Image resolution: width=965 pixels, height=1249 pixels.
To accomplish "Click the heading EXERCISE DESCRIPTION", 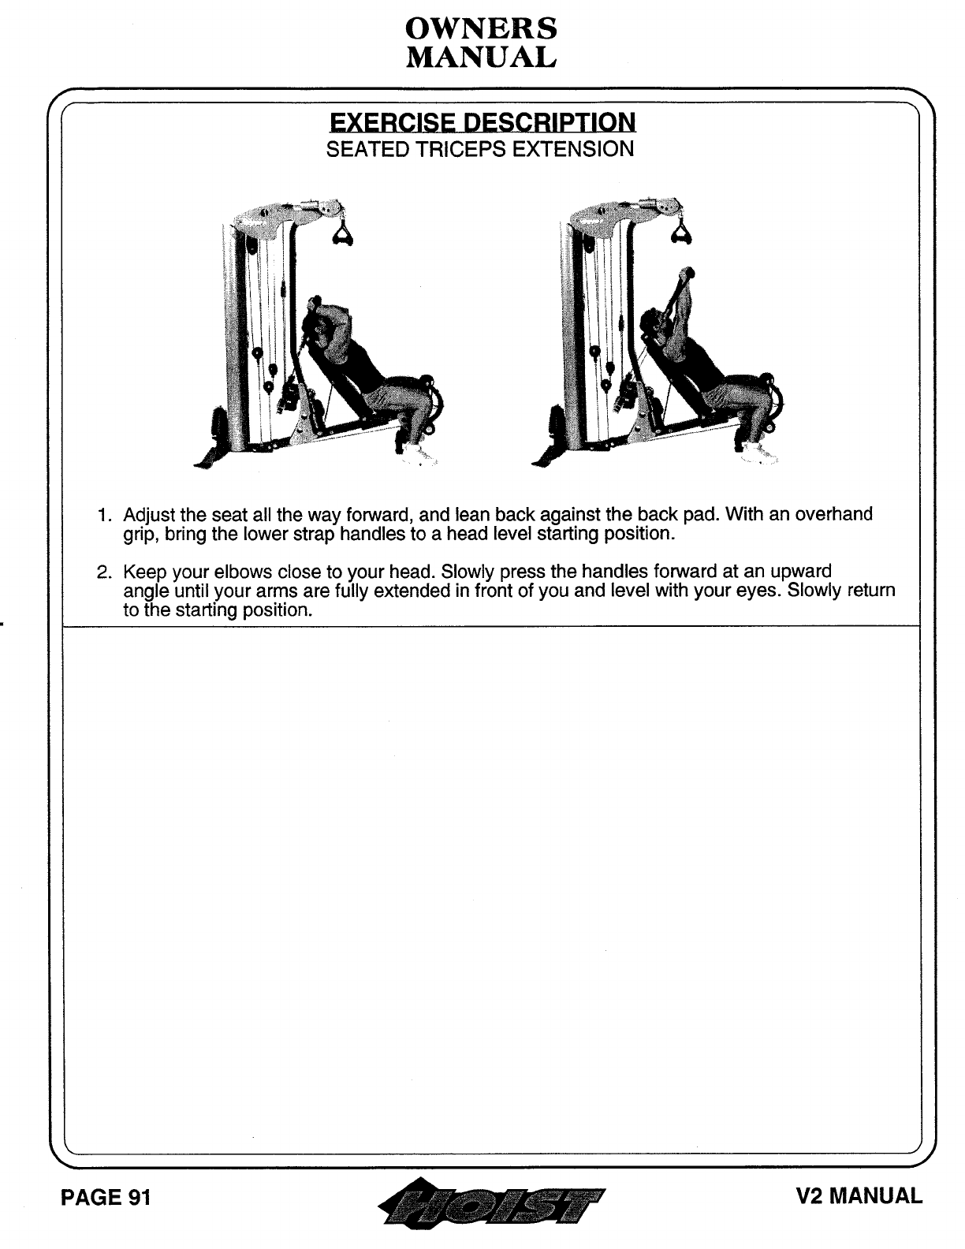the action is (x=482, y=122).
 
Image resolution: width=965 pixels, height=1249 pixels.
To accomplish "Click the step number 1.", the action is (x=103, y=516).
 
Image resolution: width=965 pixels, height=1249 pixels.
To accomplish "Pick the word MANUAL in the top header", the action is (x=481, y=57).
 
